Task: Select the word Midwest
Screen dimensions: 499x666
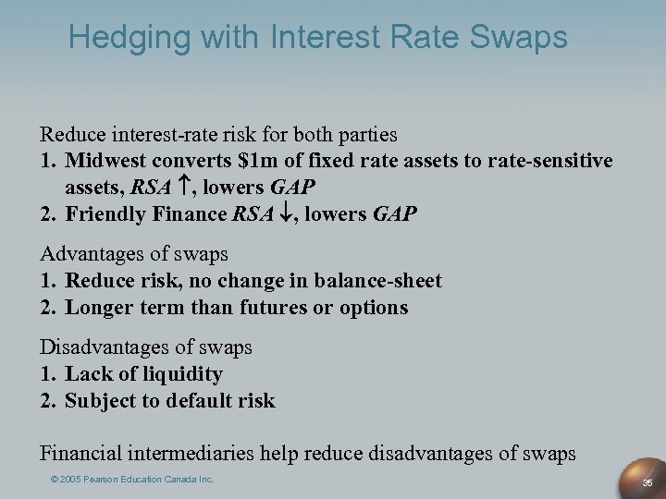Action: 109,161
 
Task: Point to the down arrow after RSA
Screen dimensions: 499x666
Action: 285,214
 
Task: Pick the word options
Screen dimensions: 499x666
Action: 372,308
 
